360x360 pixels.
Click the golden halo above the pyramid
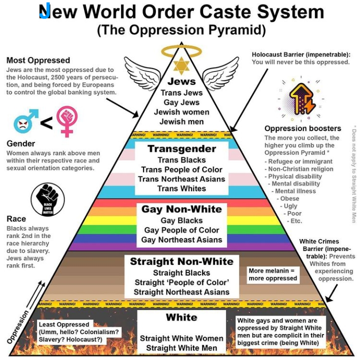coord(180,50)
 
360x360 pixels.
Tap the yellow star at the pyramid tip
coord(180,65)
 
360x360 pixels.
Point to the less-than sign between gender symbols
coord(46,122)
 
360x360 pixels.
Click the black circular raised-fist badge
coord(47,199)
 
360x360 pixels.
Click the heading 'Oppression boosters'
coord(303,128)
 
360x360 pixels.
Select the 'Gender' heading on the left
coord(20,144)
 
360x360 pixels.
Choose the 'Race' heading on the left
coord(16,219)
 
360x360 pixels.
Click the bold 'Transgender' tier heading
coord(181,149)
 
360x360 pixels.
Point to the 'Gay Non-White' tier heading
coord(181,209)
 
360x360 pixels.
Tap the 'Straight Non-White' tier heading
coord(181,261)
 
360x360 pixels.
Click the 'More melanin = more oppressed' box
coord(272,274)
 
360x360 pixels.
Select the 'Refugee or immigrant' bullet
coord(300,161)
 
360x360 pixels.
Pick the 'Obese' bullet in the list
coord(289,198)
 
